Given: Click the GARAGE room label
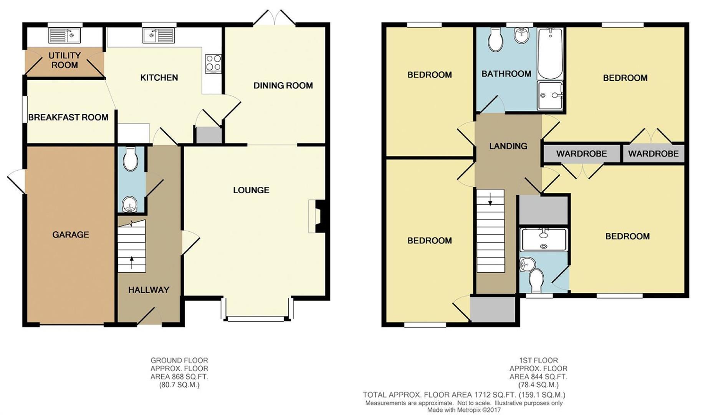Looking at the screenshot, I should coord(71,234).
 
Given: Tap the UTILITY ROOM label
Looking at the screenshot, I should coord(65,60).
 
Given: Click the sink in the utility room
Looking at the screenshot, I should coord(65,36).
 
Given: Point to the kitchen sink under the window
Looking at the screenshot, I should coord(159,36).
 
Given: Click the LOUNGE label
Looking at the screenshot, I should coord(251,190).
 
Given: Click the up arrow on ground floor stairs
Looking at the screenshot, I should coord(132,262).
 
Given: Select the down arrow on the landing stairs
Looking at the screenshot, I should coord(490,199).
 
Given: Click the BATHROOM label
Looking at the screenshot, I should coord(506,74).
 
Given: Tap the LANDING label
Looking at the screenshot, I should coord(508,146).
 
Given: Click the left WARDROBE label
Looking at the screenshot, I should coord(581,154).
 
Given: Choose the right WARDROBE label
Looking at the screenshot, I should coord(653,154).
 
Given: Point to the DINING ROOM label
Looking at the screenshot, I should coord(283,86).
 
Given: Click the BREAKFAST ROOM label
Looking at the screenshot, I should coord(68,118).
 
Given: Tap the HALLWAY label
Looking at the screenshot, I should coord(149,290).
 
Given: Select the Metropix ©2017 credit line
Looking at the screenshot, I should coord(464,410).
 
